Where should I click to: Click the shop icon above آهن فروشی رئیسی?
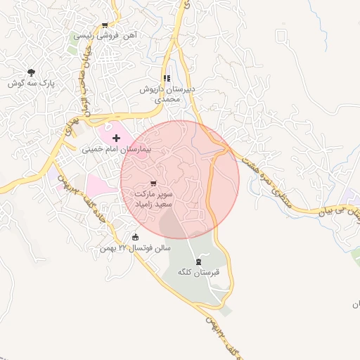click(105, 25)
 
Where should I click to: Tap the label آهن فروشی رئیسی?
click(105, 34)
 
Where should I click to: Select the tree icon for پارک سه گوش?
click(31, 72)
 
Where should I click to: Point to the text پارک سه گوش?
click(32, 83)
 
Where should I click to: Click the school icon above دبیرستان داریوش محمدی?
click(166, 79)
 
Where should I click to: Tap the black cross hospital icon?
click(116, 139)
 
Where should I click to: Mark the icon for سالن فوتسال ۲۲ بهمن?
click(136, 237)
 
